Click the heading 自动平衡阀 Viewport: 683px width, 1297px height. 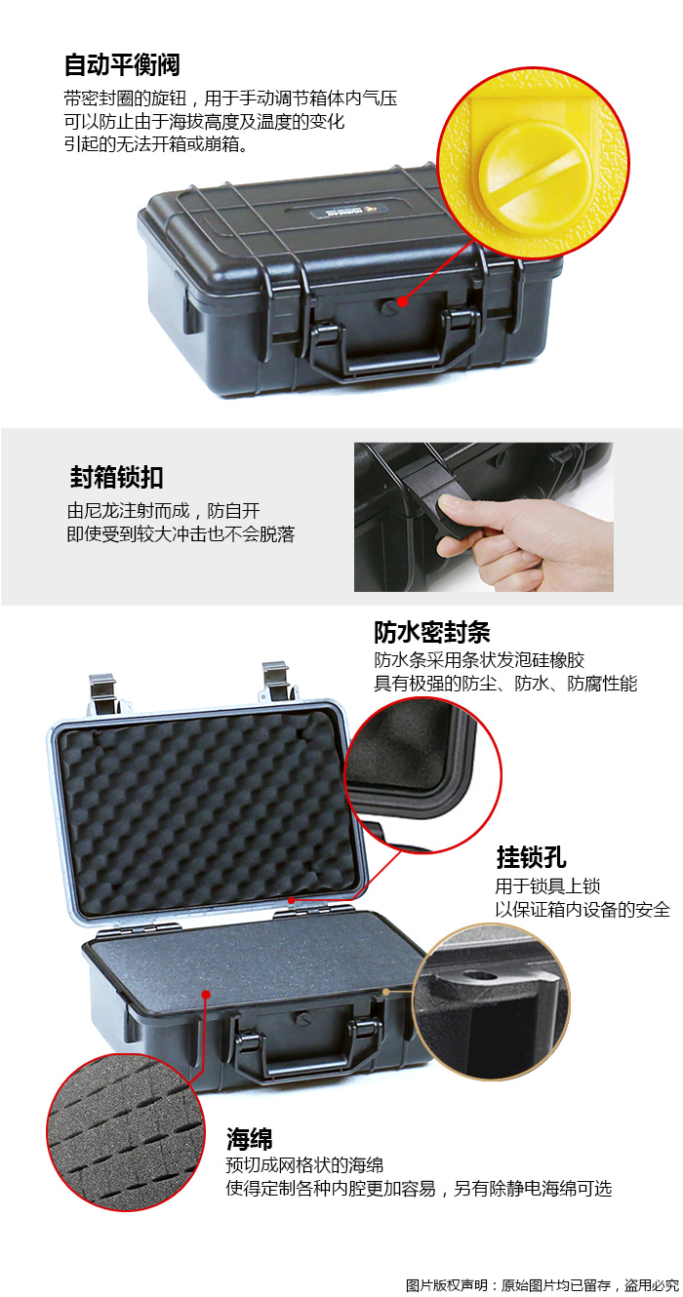tap(122, 64)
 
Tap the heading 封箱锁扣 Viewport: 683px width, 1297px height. tap(116, 477)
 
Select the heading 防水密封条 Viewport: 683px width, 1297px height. tap(431, 632)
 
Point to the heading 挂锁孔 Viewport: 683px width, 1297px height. tap(531, 857)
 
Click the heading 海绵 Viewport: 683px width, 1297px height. tap(249, 1139)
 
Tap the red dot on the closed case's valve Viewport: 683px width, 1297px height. tap(402, 301)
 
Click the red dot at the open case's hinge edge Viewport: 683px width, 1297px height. tap(292, 900)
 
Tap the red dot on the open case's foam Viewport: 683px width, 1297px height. tap(206, 995)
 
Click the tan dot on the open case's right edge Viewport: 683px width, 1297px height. tap(385, 992)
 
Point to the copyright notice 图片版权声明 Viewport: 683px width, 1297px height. tap(447, 1285)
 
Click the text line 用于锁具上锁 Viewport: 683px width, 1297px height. tap(547, 885)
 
